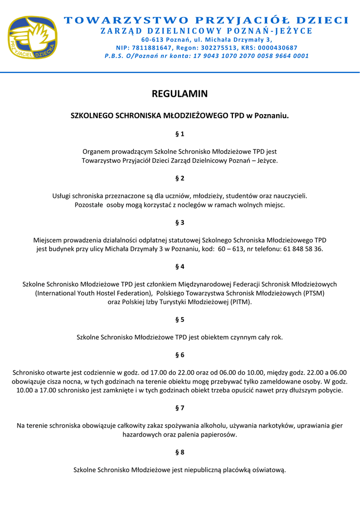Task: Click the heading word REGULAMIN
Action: pyautogui.click(x=180, y=94)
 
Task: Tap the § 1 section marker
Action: pyautogui.click(x=180, y=134)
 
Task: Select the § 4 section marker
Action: pyautogui.click(x=180, y=266)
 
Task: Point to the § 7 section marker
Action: pyautogui.click(x=180, y=408)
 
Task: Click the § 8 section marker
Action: pyautogui.click(x=180, y=452)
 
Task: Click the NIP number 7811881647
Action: pyautogui.click(x=152, y=48)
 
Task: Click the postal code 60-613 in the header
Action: pyautogui.click(x=152, y=39)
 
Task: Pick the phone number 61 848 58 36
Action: pyautogui.click(x=303, y=249)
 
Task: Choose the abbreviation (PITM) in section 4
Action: pyautogui.click(x=240, y=302)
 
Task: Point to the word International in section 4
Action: pyautogui.click(x=56, y=293)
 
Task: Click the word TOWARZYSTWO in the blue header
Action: pyautogui.click(x=124, y=20)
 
